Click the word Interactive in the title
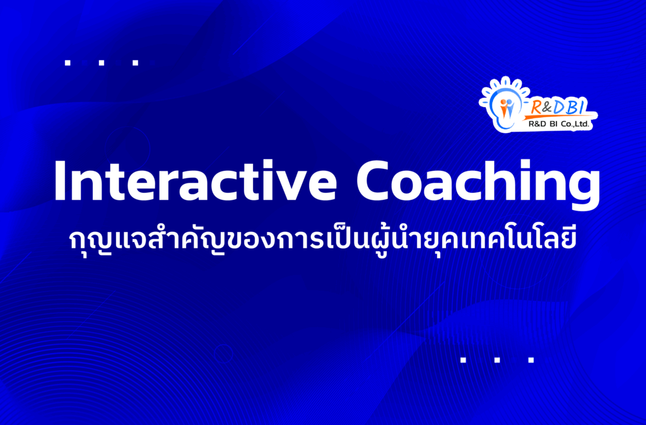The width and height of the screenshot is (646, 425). (196, 181)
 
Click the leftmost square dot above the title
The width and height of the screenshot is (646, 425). (68, 63)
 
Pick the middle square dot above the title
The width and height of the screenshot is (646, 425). (102, 63)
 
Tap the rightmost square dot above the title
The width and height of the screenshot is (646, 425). (136, 63)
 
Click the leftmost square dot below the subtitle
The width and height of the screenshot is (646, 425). (463, 360)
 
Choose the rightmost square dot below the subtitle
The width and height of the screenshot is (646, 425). (531, 360)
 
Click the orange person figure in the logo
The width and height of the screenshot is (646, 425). (503, 108)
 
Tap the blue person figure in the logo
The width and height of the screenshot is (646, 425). (510, 108)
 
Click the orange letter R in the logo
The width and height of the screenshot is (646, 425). (536, 107)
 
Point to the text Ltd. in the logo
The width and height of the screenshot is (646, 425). (582, 124)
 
